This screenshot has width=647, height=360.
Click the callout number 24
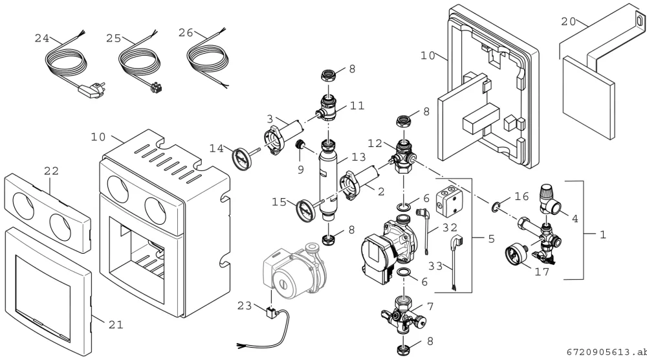41,38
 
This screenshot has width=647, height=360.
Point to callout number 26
186,32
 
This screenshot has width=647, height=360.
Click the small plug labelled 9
300,146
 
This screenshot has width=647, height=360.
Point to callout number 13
358,157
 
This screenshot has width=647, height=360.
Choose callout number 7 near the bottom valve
430,306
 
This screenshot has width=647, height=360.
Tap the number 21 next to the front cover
116,324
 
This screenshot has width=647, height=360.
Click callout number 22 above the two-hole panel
51,170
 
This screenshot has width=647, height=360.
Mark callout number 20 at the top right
568,21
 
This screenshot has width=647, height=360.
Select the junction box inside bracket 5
450,199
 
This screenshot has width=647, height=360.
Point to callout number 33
435,266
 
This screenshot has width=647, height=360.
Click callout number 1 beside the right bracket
603,234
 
